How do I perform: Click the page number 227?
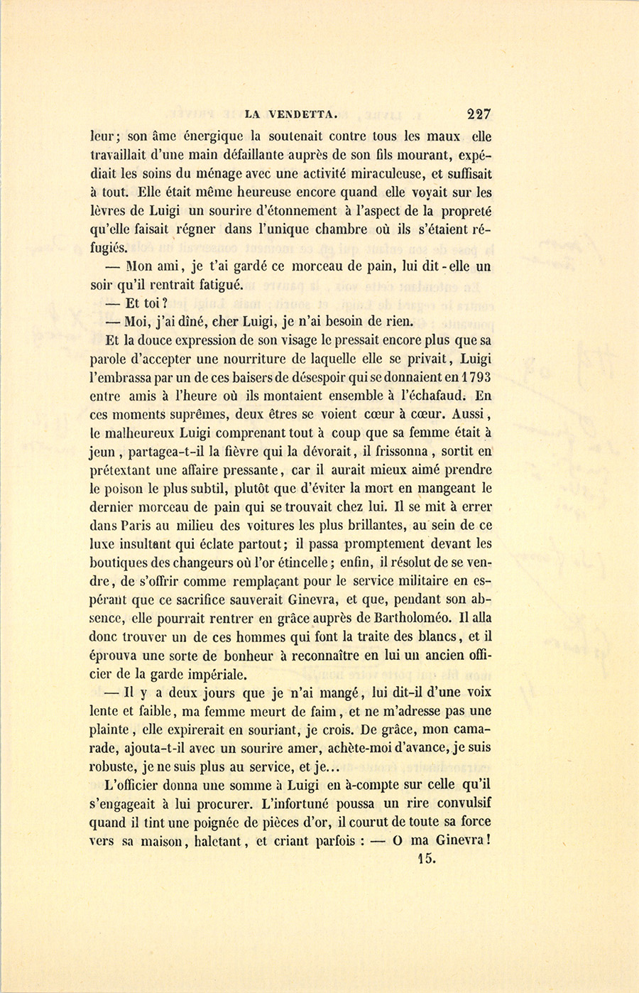(479, 113)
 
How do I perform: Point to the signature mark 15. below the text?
(427, 857)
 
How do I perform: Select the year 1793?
(476, 376)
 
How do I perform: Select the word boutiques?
(116, 563)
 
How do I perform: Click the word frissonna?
(394, 452)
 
